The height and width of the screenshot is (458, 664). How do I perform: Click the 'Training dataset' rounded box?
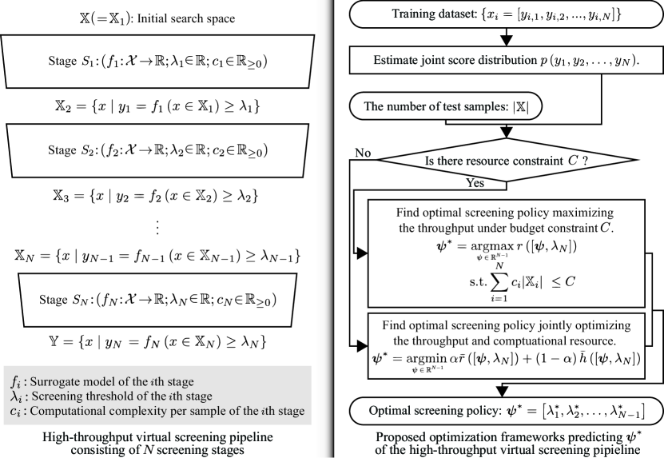coord(500,15)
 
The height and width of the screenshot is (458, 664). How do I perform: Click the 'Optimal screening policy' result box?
coord(500,412)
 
